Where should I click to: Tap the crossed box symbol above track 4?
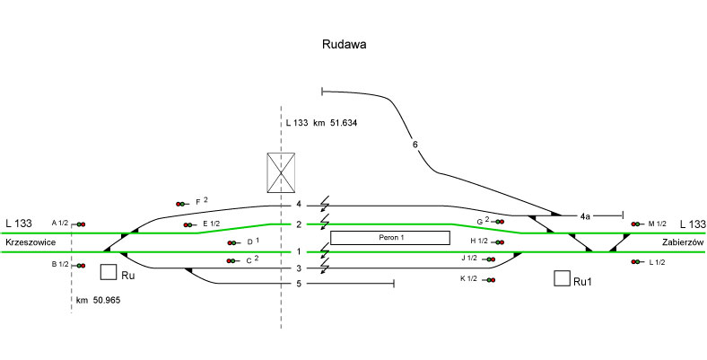[x=281, y=172]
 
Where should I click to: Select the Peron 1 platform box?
[x=389, y=238]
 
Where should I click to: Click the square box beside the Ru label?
[x=109, y=272]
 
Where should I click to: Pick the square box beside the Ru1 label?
[x=562, y=279]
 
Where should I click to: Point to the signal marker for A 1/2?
[x=79, y=224]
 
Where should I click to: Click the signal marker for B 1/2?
[x=79, y=265]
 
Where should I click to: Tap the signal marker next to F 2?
[x=182, y=204]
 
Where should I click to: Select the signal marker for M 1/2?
[x=637, y=224]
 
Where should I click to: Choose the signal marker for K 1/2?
[x=491, y=280]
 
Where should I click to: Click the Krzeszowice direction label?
[x=31, y=243]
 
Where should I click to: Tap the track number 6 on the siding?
[x=415, y=145]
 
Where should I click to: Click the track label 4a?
[x=584, y=216]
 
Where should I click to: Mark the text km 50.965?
[x=99, y=298]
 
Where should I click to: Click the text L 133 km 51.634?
[x=321, y=122]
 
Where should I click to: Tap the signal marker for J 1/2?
[x=490, y=259]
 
